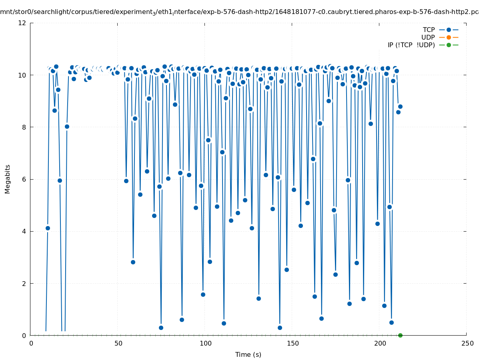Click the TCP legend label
pos(429,30)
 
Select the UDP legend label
pos(428,37)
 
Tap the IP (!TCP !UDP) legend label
pos(411,45)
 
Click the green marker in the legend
pos(449,45)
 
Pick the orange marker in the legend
pos(449,37)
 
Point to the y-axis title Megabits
pos(8,179)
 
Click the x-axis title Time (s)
pos(248,354)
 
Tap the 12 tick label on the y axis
pos(22,23)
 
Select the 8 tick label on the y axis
pos(24,127)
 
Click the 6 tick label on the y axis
pos(24,179)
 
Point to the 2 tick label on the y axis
pos(24,283)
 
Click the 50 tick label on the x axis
pos(118,343)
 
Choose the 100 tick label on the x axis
pos(205,343)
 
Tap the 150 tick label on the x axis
pos(293,343)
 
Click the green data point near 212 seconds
pos(400,335)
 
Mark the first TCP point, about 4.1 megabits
pos(48,228)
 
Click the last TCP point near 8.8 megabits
pos(400,106)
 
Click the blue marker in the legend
pos(449,30)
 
